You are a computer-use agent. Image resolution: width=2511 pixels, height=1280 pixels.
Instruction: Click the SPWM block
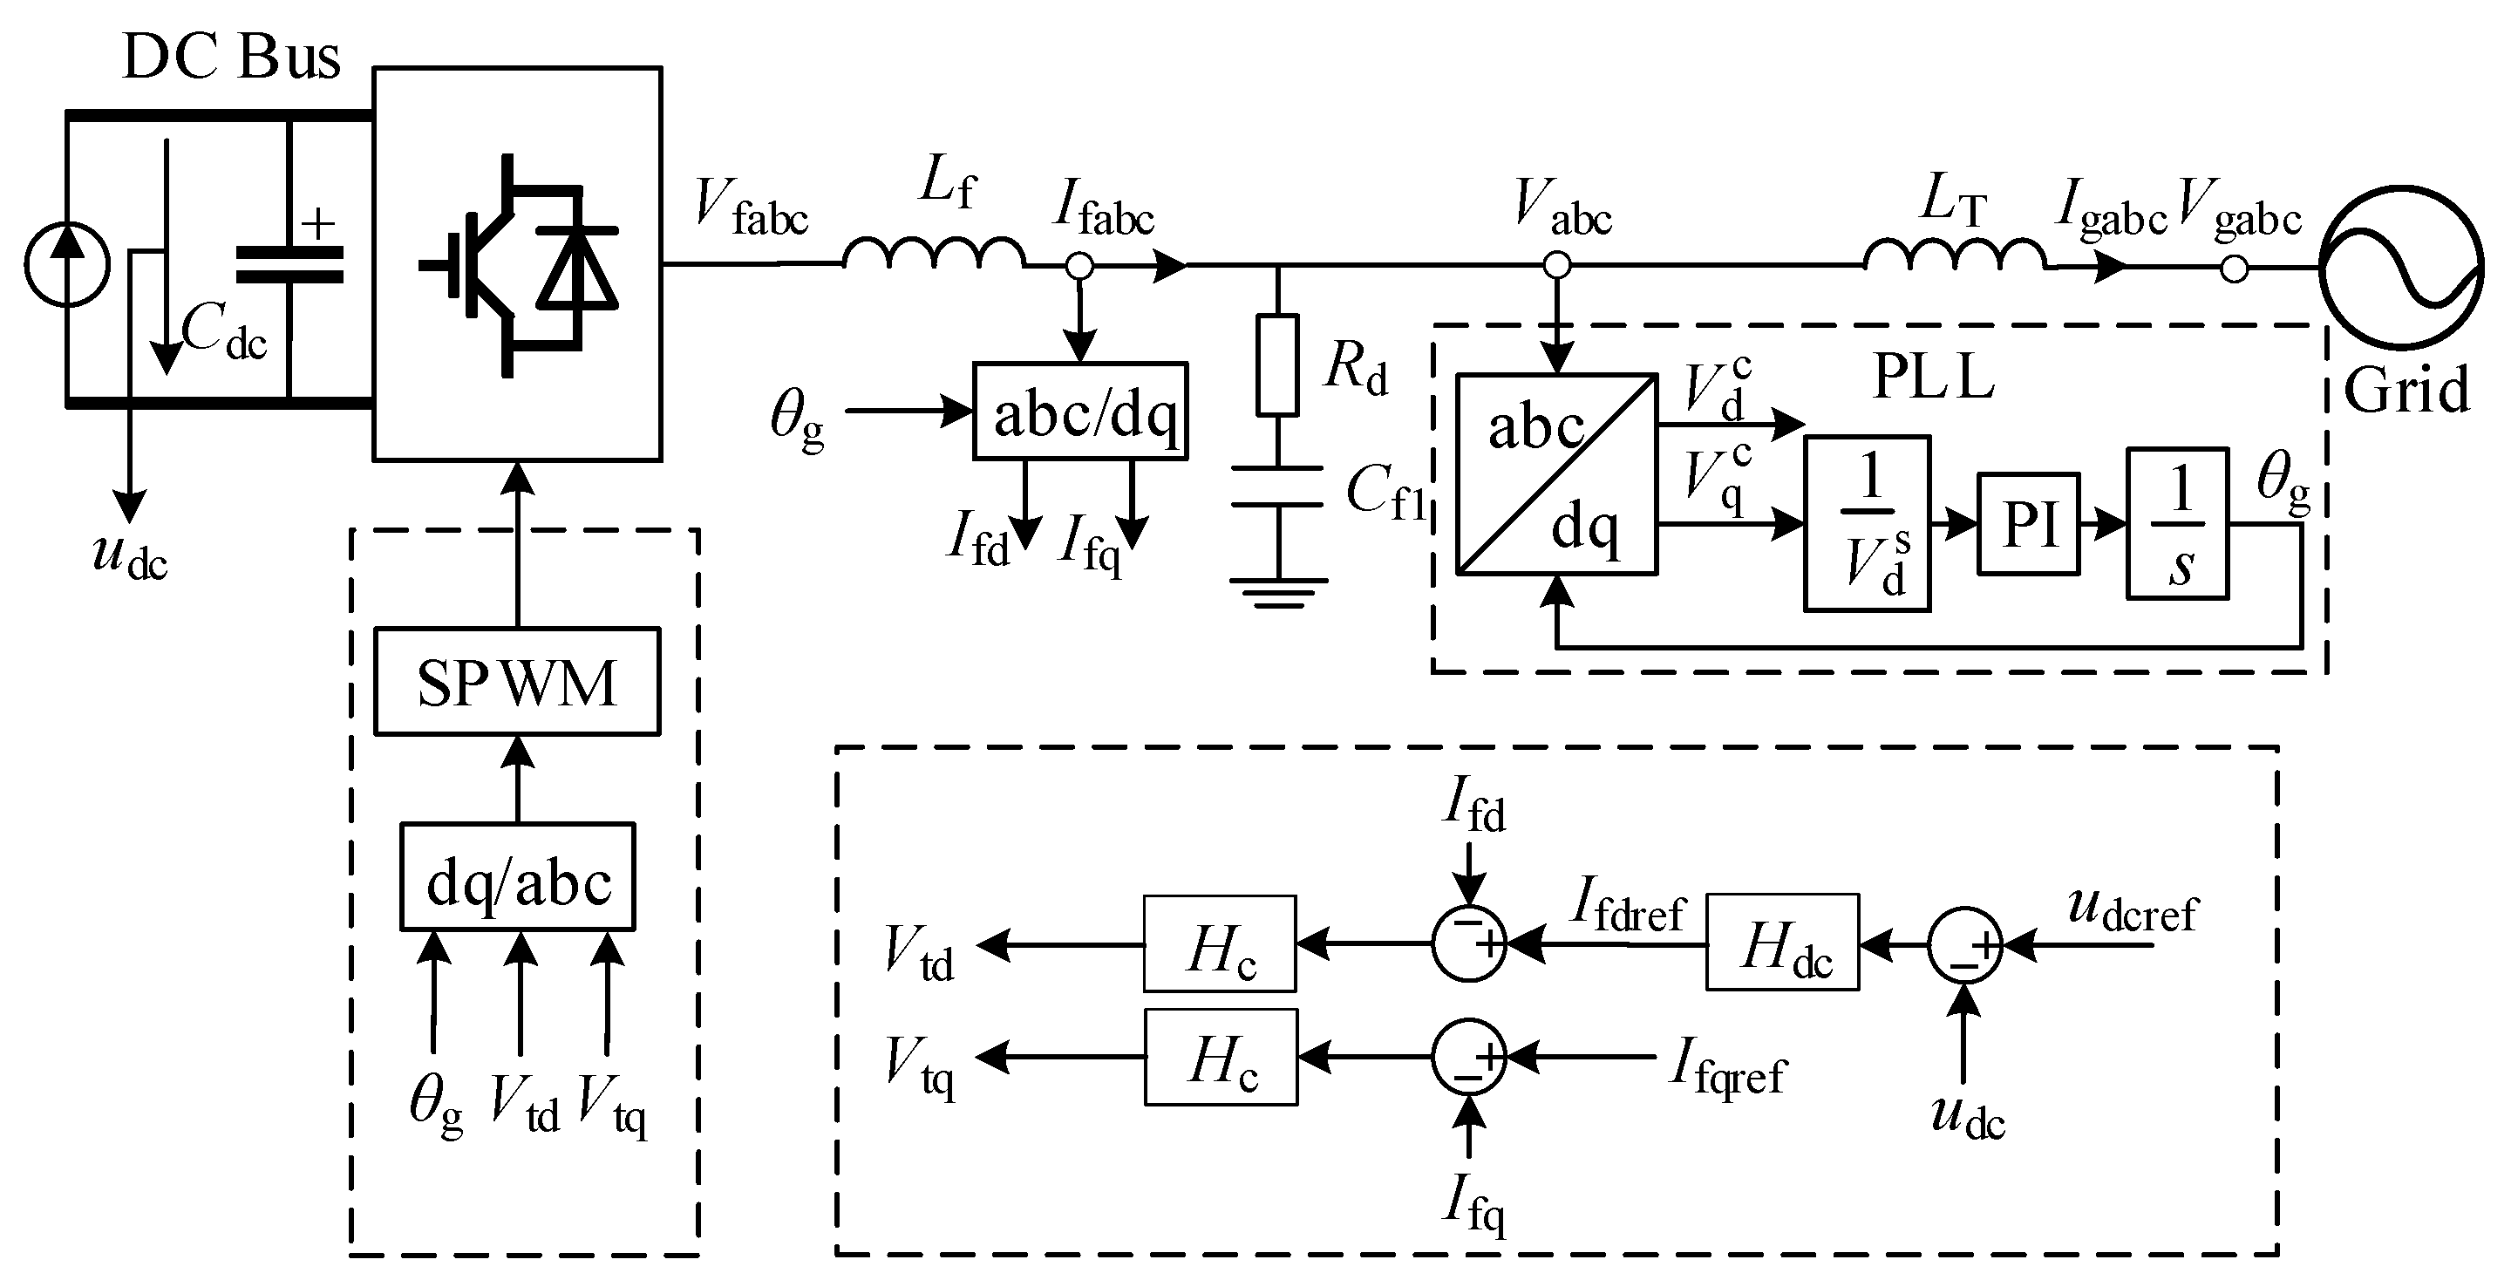pos(517,682)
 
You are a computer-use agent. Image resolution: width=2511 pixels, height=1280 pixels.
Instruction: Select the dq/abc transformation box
pos(518,877)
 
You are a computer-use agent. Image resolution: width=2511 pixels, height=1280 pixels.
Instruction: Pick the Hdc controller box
pos(1782,943)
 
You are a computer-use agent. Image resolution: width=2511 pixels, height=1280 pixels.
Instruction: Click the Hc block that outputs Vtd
pos(1220,943)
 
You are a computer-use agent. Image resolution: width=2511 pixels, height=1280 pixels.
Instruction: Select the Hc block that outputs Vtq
pos(1221,1057)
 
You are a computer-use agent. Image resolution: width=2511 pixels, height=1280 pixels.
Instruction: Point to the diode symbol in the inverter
pos(577,268)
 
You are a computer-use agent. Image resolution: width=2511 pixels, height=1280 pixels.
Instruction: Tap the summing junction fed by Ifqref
pos(1469,1057)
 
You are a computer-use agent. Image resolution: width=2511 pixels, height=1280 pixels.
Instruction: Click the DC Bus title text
pos(231,57)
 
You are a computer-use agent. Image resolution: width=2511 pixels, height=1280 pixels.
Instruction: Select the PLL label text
pos(1932,377)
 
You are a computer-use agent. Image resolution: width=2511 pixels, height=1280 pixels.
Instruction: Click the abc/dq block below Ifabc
pos(1080,412)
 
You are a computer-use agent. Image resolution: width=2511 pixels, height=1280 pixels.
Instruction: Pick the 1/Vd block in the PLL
pos(1867,523)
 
